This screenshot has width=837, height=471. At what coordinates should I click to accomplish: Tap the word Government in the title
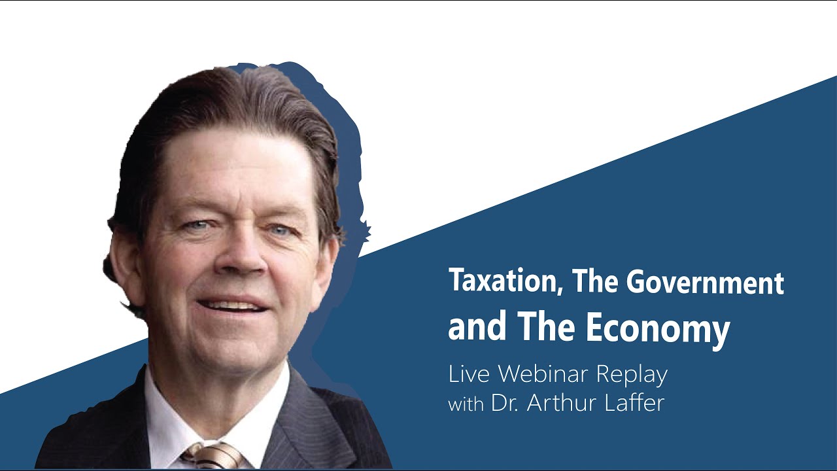705,282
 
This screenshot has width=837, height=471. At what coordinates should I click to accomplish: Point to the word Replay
632,375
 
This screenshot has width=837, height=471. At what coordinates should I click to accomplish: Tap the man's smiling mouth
233,305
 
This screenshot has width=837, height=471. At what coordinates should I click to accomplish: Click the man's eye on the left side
196,225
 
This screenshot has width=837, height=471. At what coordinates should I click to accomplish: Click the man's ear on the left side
124,268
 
